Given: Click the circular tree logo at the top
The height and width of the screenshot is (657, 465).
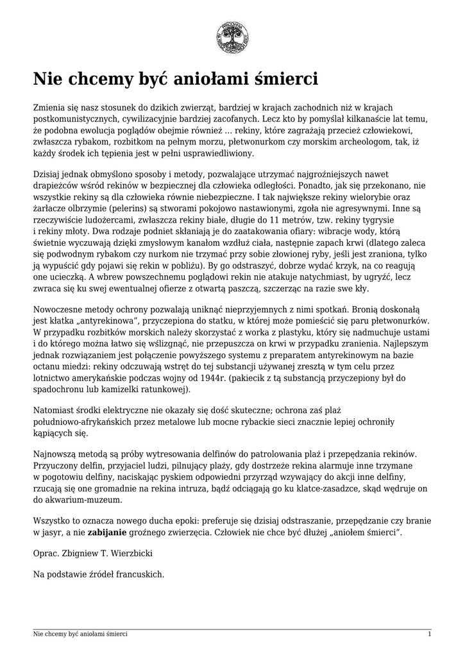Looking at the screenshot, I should click(x=232, y=37).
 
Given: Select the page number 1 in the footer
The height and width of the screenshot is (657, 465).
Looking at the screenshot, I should click(x=429, y=634).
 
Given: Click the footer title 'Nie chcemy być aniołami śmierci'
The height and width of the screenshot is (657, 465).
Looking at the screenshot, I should click(x=80, y=634).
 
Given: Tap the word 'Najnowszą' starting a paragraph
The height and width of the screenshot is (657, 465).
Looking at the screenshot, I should click(x=56, y=453).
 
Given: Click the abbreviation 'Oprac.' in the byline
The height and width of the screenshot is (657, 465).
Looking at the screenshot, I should click(x=46, y=552).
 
